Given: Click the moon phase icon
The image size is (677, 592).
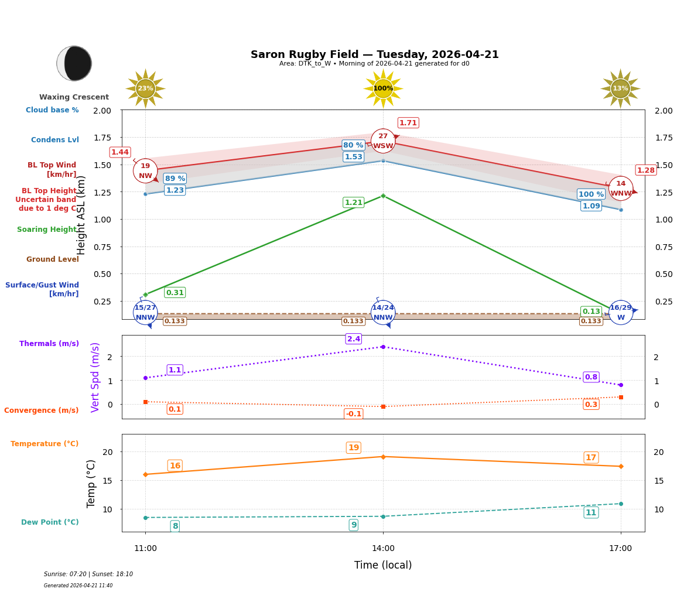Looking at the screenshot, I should [74, 63].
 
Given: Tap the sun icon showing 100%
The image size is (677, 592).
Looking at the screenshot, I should [383, 88].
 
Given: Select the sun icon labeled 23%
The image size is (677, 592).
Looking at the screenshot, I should [145, 88].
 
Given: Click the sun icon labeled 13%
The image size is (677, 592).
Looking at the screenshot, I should [620, 88].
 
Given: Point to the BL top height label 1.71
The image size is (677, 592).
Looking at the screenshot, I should [408, 123].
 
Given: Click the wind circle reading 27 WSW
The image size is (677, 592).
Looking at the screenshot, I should [383, 141].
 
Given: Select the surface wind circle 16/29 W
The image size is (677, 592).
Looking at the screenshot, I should [621, 312].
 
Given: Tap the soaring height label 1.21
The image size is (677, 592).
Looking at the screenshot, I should [354, 203].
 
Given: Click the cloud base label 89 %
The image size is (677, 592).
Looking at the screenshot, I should [175, 179].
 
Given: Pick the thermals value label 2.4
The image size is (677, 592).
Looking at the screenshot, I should [354, 339].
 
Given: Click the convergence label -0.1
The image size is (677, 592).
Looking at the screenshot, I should [354, 414].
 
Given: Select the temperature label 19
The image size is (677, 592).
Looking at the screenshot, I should [354, 448].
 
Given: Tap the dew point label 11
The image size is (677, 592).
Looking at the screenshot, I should [591, 513].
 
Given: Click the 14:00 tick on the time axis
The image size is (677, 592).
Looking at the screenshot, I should [383, 549].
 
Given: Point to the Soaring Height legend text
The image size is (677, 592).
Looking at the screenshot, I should [47, 230].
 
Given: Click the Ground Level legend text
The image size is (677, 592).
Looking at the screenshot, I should [53, 259].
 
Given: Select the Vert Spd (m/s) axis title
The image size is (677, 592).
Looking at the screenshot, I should [95, 377].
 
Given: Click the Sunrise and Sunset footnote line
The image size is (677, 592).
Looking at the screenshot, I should [88, 574].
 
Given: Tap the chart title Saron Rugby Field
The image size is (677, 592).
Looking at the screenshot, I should [375, 54].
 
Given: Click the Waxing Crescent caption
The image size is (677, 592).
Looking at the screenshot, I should [74, 97].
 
